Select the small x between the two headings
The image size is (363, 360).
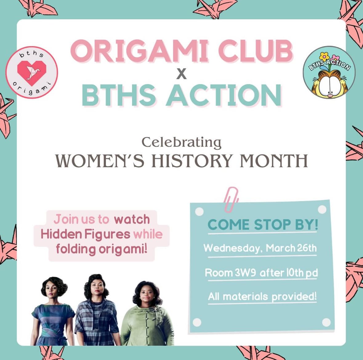[x=182, y=74]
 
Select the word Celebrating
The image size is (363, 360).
[x=181, y=143]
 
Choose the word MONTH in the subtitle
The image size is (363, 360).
[x=274, y=161]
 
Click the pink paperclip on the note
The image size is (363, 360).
[x=231, y=199]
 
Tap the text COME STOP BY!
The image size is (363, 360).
[x=263, y=224]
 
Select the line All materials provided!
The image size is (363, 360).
[x=262, y=297]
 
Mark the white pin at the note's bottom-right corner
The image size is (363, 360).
[x=326, y=322]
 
